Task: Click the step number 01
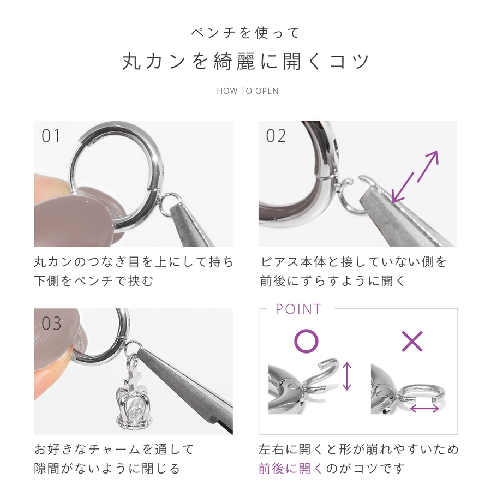pyautogui.click(x=51, y=136)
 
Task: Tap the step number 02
pyautogui.click(x=276, y=136)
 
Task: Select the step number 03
pyautogui.click(x=51, y=323)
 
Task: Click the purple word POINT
pyautogui.click(x=298, y=309)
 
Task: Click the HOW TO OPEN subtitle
pyautogui.click(x=247, y=91)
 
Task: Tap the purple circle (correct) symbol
pyautogui.click(x=306, y=341)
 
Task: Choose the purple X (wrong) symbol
pyautogui.click(x=412, y=341)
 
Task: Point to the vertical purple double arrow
pyautogui.click(x=346, y=376)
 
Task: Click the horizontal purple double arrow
pyautogui.click(x=424, y=408)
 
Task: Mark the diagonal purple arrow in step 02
pyautogui.click(x=415, y=177)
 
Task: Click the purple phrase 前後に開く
pyautogui.click(x=291, y=469)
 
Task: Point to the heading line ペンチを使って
pyautogui.click(x=246, y=33)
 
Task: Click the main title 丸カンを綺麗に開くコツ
pyautogui.click(x=246, y=61)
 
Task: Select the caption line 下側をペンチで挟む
pyautogui.click(x=94, y=281)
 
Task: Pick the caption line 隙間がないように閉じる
pyautogui.click(x=107, y=469)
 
